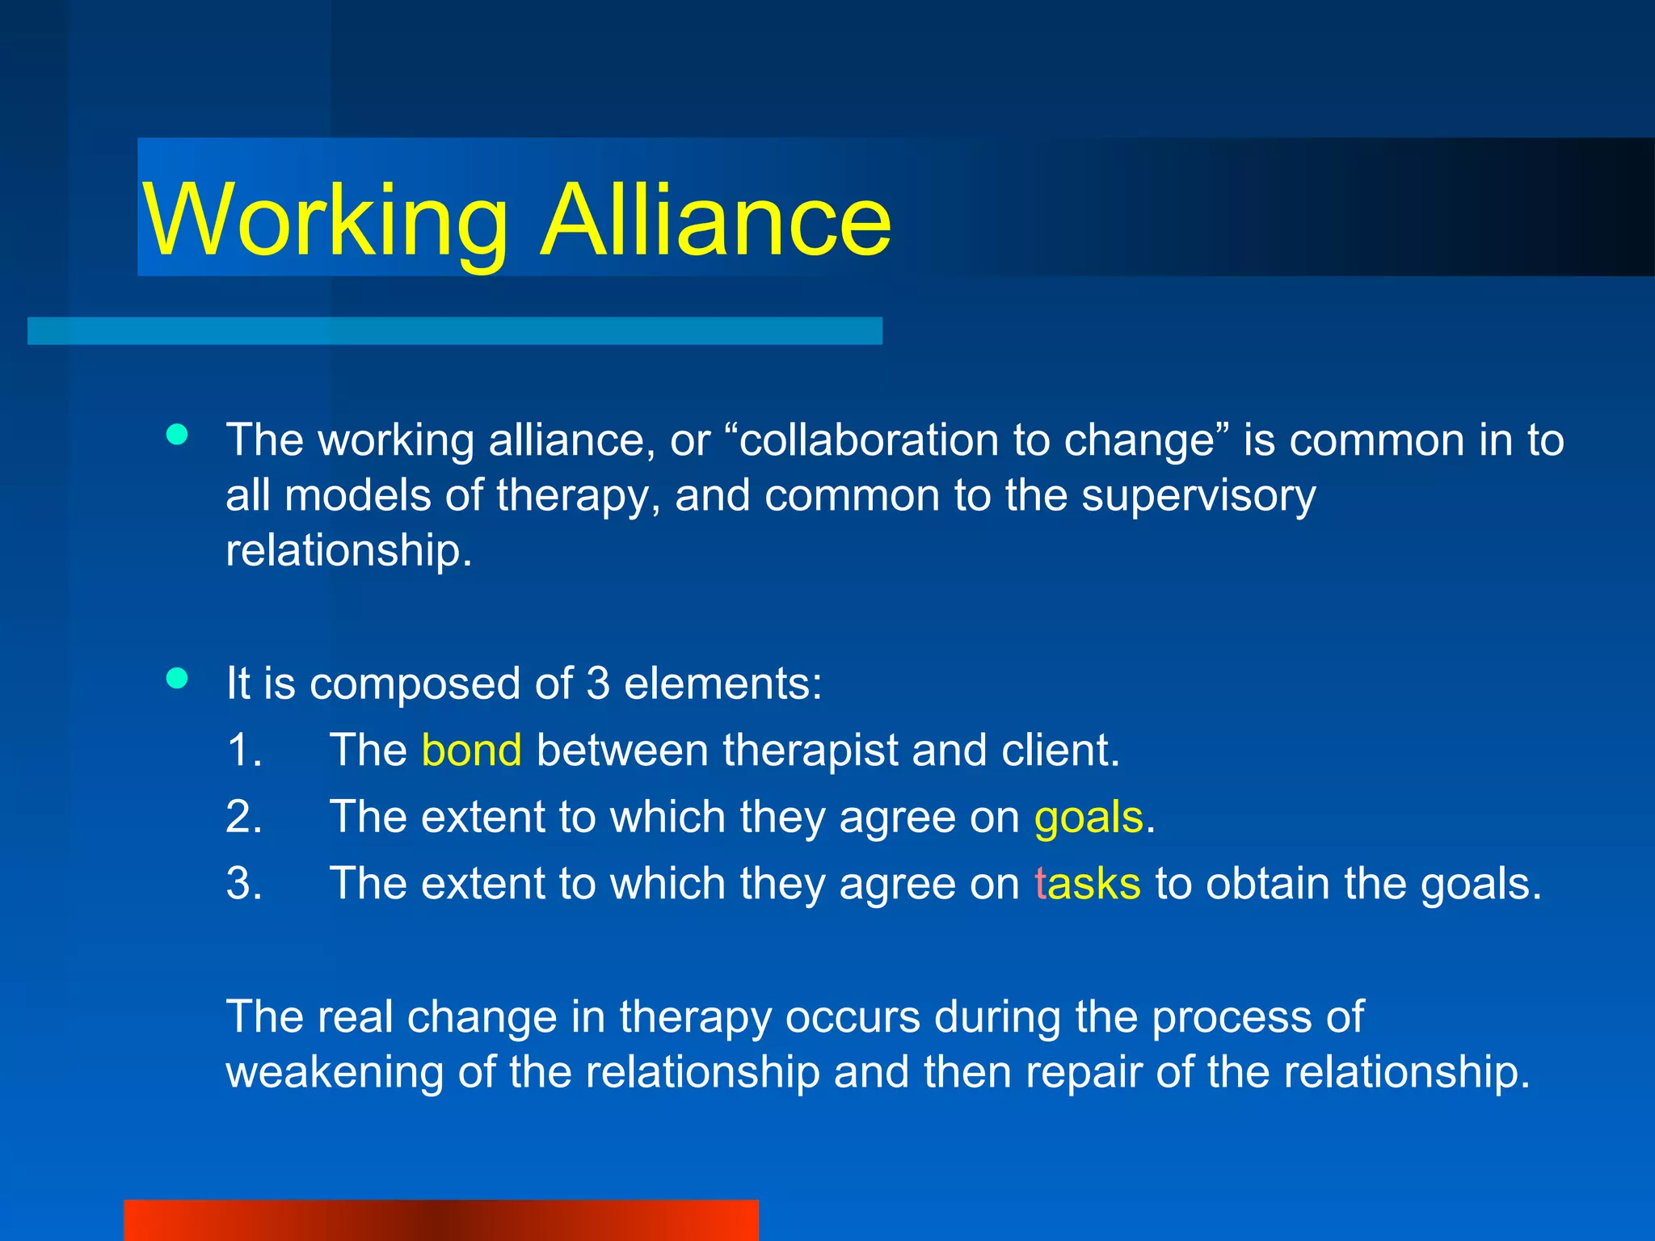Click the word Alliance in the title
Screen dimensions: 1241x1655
click(716, 220)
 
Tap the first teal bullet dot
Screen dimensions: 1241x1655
click(177, 435)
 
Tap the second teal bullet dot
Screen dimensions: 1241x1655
click(177, 678)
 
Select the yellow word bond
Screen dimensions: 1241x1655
click(471, 750)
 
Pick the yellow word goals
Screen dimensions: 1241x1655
click(1089, 817)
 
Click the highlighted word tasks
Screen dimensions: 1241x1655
click(1088, 883)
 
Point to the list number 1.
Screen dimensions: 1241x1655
click(243, 750)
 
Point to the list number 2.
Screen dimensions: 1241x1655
click(243, 817)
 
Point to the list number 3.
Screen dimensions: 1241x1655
click(243, 883)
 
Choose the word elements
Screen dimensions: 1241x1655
click(722, 684)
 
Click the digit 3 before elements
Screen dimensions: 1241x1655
click(598, 684)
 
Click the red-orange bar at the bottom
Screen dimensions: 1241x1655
click(440, 1220)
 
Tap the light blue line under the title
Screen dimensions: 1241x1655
click(454, 330)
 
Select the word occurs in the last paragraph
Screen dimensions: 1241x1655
click(852, 1016)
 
